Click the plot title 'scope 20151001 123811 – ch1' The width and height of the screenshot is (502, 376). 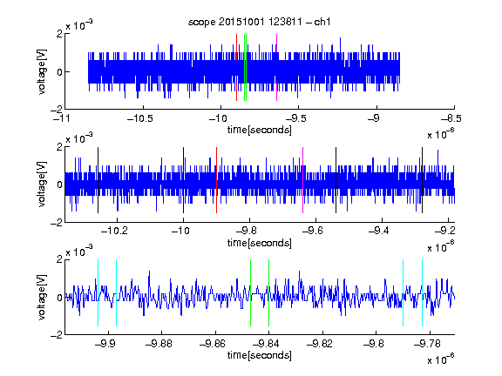click(259, 22)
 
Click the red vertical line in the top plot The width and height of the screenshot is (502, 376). click(236, 68)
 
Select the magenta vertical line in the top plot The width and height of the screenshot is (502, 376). click(276, 68)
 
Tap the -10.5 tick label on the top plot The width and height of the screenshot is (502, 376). click(140, 118)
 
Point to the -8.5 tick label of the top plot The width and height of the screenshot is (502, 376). click(451, 118)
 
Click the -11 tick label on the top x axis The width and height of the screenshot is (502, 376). click(62, 118)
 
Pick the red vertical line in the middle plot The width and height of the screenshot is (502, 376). click(217, 180)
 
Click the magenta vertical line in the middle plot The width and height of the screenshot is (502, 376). click(303, 180)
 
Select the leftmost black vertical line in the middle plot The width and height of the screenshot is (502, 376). click(98, 180)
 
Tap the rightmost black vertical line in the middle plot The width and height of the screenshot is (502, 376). click(423, 180)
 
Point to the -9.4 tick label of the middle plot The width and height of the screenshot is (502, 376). click(378, 231)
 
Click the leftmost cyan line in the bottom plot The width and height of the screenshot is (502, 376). click(98, 292)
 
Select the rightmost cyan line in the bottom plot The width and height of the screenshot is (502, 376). click(423, 292)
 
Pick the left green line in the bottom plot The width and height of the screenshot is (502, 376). click(250, 292)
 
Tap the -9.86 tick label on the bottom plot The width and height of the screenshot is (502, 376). click(213, 344)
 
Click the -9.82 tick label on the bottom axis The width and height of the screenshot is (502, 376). click(320, 344)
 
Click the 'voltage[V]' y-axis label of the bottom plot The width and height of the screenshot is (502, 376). click(42, 297)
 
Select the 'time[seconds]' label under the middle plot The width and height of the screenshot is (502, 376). click(260, 244)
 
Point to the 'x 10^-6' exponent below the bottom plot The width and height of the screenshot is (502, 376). click(440, 359)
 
